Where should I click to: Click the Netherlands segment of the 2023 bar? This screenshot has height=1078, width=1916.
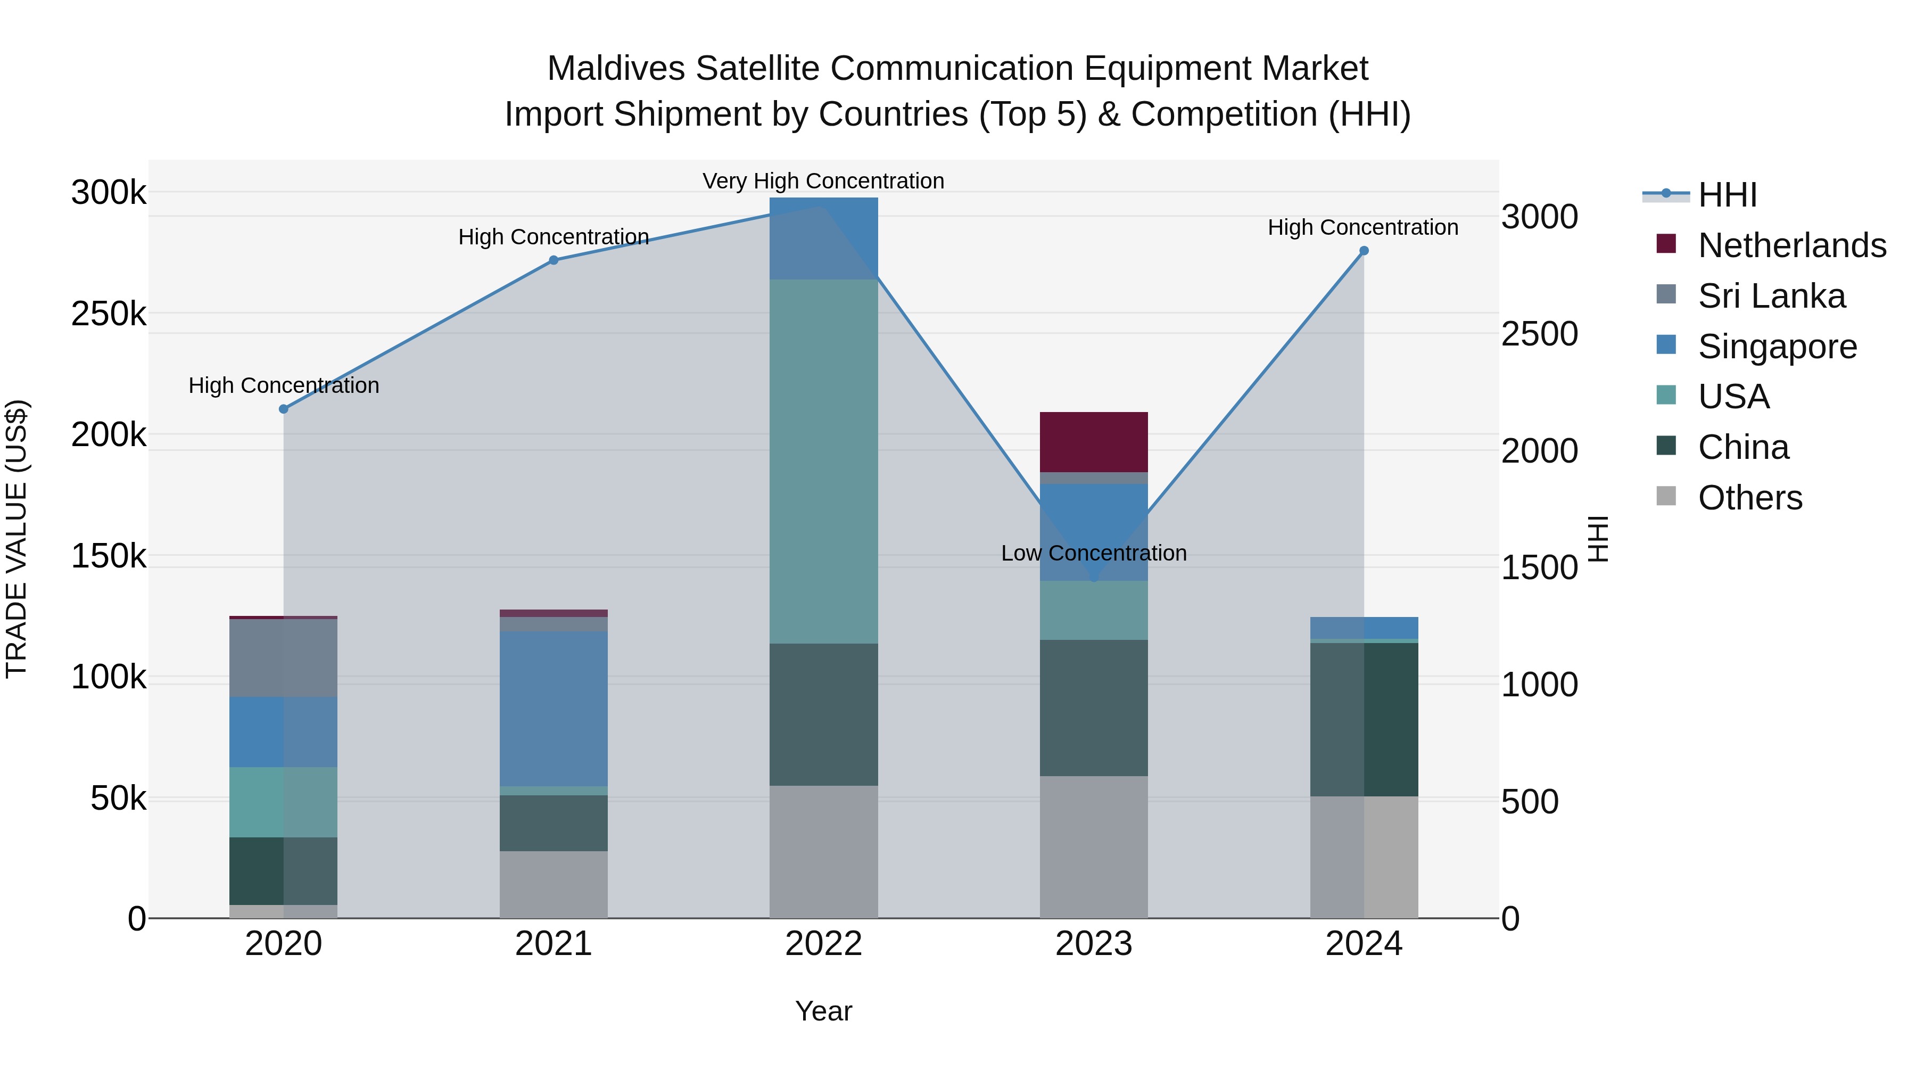tap(1093, 441)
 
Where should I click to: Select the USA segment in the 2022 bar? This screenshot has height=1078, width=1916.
tap(823, 461)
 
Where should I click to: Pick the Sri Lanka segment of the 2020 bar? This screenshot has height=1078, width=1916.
tap(283, 657)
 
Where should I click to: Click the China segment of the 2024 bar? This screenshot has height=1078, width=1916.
tap(1364, 719)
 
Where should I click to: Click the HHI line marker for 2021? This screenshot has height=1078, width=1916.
tap(554, 260)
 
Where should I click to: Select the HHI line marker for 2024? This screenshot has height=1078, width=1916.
tap(1364, 251)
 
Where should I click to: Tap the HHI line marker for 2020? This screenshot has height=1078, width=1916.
tap(283, 409)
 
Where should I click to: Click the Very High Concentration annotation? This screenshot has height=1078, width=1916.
tap(823, 182)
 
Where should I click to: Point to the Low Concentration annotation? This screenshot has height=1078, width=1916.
tap(1093, 554)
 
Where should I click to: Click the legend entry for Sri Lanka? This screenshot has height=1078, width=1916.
tap(1771, 296)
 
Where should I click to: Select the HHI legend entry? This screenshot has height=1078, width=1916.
tap(1727, 195)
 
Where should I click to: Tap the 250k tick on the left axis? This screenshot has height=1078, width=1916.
tap(109, 314)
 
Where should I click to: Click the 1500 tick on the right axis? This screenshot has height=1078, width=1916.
tap(1539, 567)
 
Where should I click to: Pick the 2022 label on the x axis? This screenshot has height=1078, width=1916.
tap(823, 944)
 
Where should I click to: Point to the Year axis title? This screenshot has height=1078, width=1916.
tap(823, 1011)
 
